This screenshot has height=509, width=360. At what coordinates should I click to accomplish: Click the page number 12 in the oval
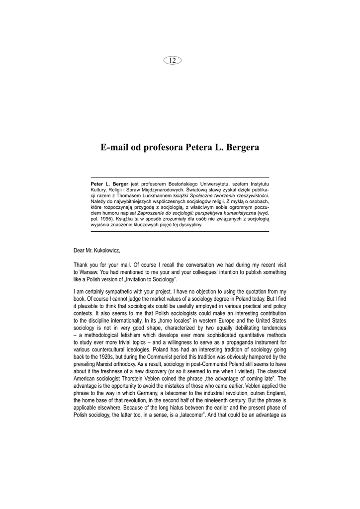click(173, 60)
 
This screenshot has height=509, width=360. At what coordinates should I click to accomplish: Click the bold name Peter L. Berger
click(109, 184)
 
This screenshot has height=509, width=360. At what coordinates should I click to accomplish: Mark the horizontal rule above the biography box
click(180, 177)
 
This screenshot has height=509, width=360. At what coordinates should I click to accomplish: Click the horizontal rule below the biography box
click(180, 232)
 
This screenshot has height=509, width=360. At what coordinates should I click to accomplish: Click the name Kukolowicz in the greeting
click(104, 250)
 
